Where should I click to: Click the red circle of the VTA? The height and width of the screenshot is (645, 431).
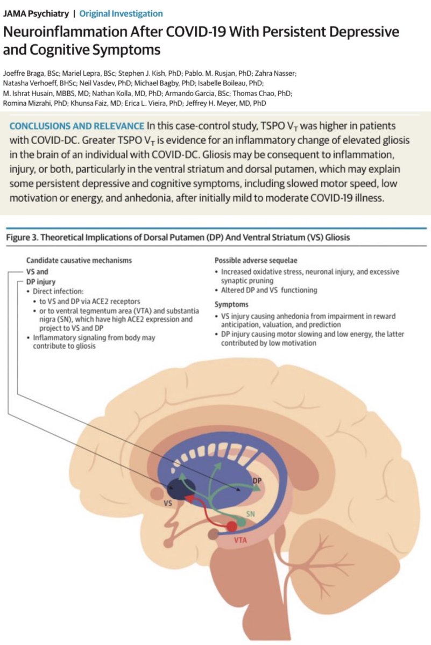[x=231, y=526]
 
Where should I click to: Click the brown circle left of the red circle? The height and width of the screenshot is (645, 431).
[x=214, y=534]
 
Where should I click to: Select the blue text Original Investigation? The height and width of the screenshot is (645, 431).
[x=121, y=13]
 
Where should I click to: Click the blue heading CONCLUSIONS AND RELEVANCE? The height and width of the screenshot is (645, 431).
[x=76, y=126]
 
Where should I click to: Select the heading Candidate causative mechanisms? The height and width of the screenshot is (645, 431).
[x=70, y=260]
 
